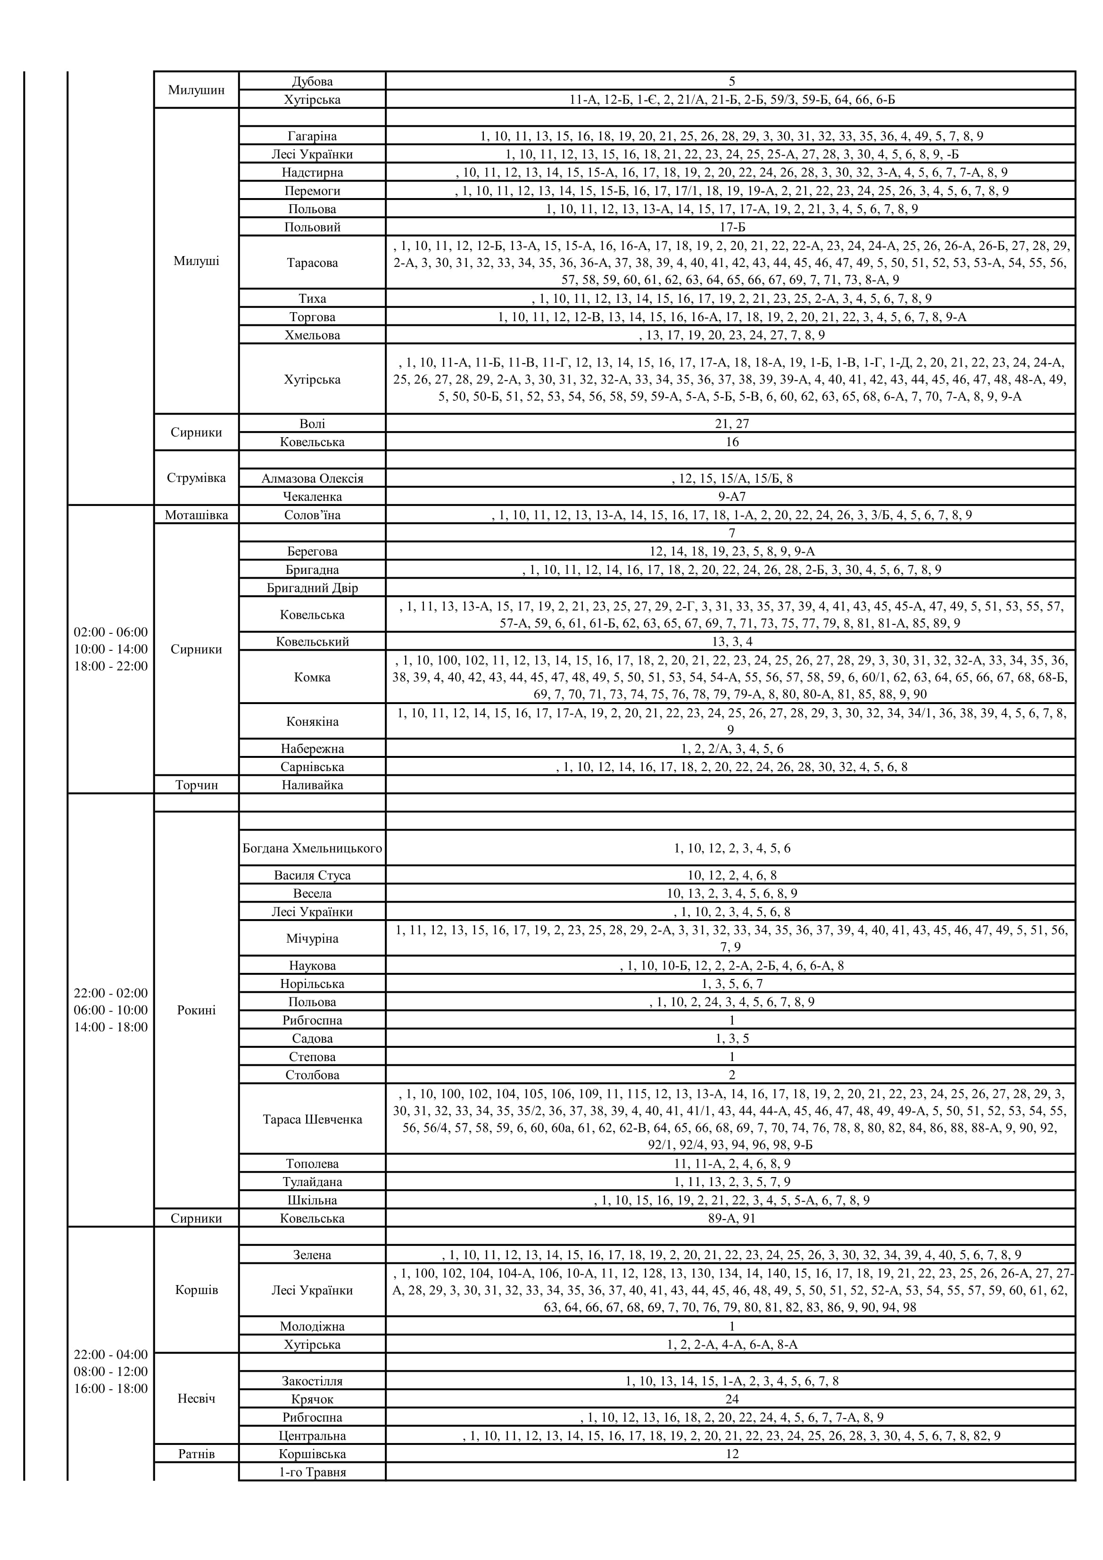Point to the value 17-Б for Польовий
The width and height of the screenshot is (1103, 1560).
click(731, 227)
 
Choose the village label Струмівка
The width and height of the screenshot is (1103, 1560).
click(196, 478)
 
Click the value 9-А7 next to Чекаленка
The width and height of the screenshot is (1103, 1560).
click(731, 497)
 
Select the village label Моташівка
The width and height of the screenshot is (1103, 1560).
click(196, 515)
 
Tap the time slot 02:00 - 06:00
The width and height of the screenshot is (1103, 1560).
click(111, 632)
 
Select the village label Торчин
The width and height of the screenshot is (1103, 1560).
click(196, 785)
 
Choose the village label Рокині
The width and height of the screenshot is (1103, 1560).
click(196, 1010)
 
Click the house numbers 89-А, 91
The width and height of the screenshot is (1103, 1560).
click(731, 1218)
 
